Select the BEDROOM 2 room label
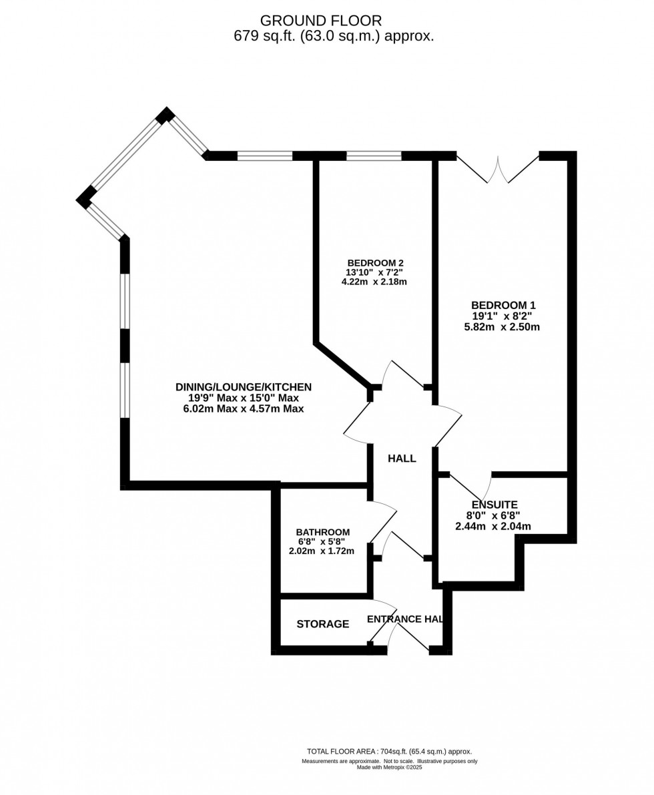(375, 262)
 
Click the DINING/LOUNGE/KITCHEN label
(244, 386)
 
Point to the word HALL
(402, 459)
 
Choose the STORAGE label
(322, 624)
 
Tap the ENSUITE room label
(495, 505)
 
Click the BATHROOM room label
(322, 532)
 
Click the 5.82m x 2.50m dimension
(502, 327)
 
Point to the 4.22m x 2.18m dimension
(374, 282)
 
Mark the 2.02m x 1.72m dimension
(321, 551)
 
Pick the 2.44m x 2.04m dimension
(493, 526)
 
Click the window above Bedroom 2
(374, 156)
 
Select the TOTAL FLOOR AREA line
(389, 751)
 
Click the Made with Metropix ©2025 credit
(389, 767)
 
